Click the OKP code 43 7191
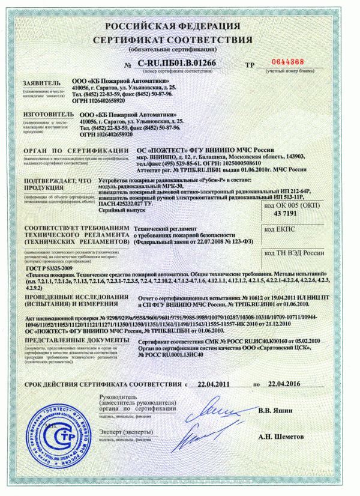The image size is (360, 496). coord(286,214)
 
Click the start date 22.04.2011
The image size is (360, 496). coord(214,384)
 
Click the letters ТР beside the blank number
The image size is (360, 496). coord(251,64)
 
